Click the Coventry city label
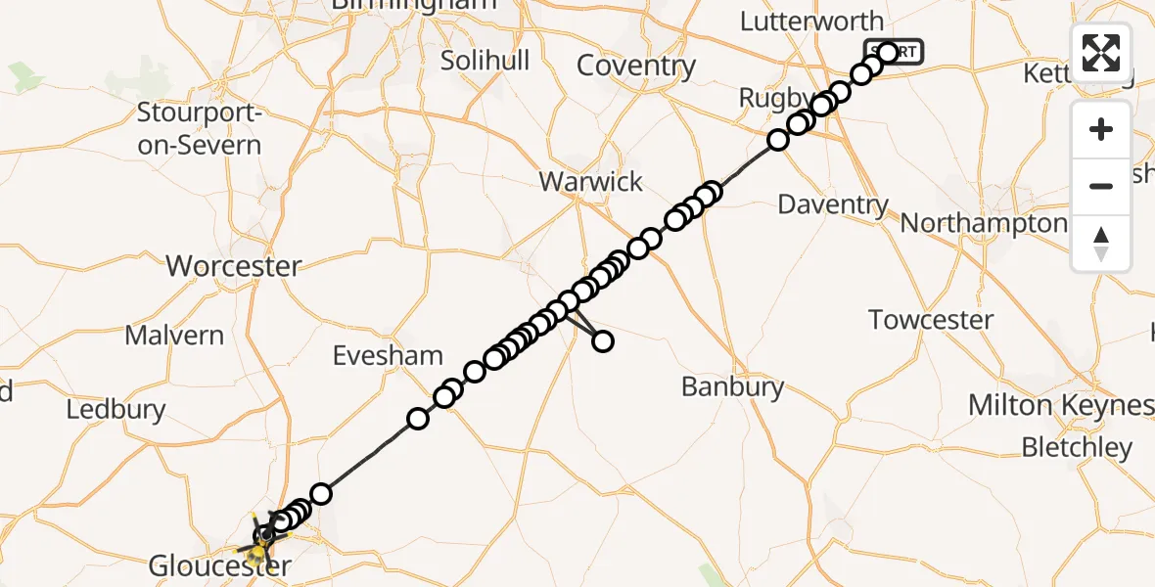[636, 66]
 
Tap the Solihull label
[485, 60]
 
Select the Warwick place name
[591, 181]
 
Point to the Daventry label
[833, 204]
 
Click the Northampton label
[983, 223]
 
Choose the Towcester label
[931, 319]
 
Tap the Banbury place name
[733, 386]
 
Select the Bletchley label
[1077, 447]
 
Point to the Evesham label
[388, 355]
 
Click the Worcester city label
[234, 265]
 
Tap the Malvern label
[174, 335]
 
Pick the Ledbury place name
[115, 408]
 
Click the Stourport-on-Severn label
[199, 129]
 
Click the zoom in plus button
[1101, 129]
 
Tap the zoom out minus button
[1101, 186]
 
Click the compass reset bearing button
[1101, 243]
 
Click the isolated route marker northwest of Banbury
[603, 340]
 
